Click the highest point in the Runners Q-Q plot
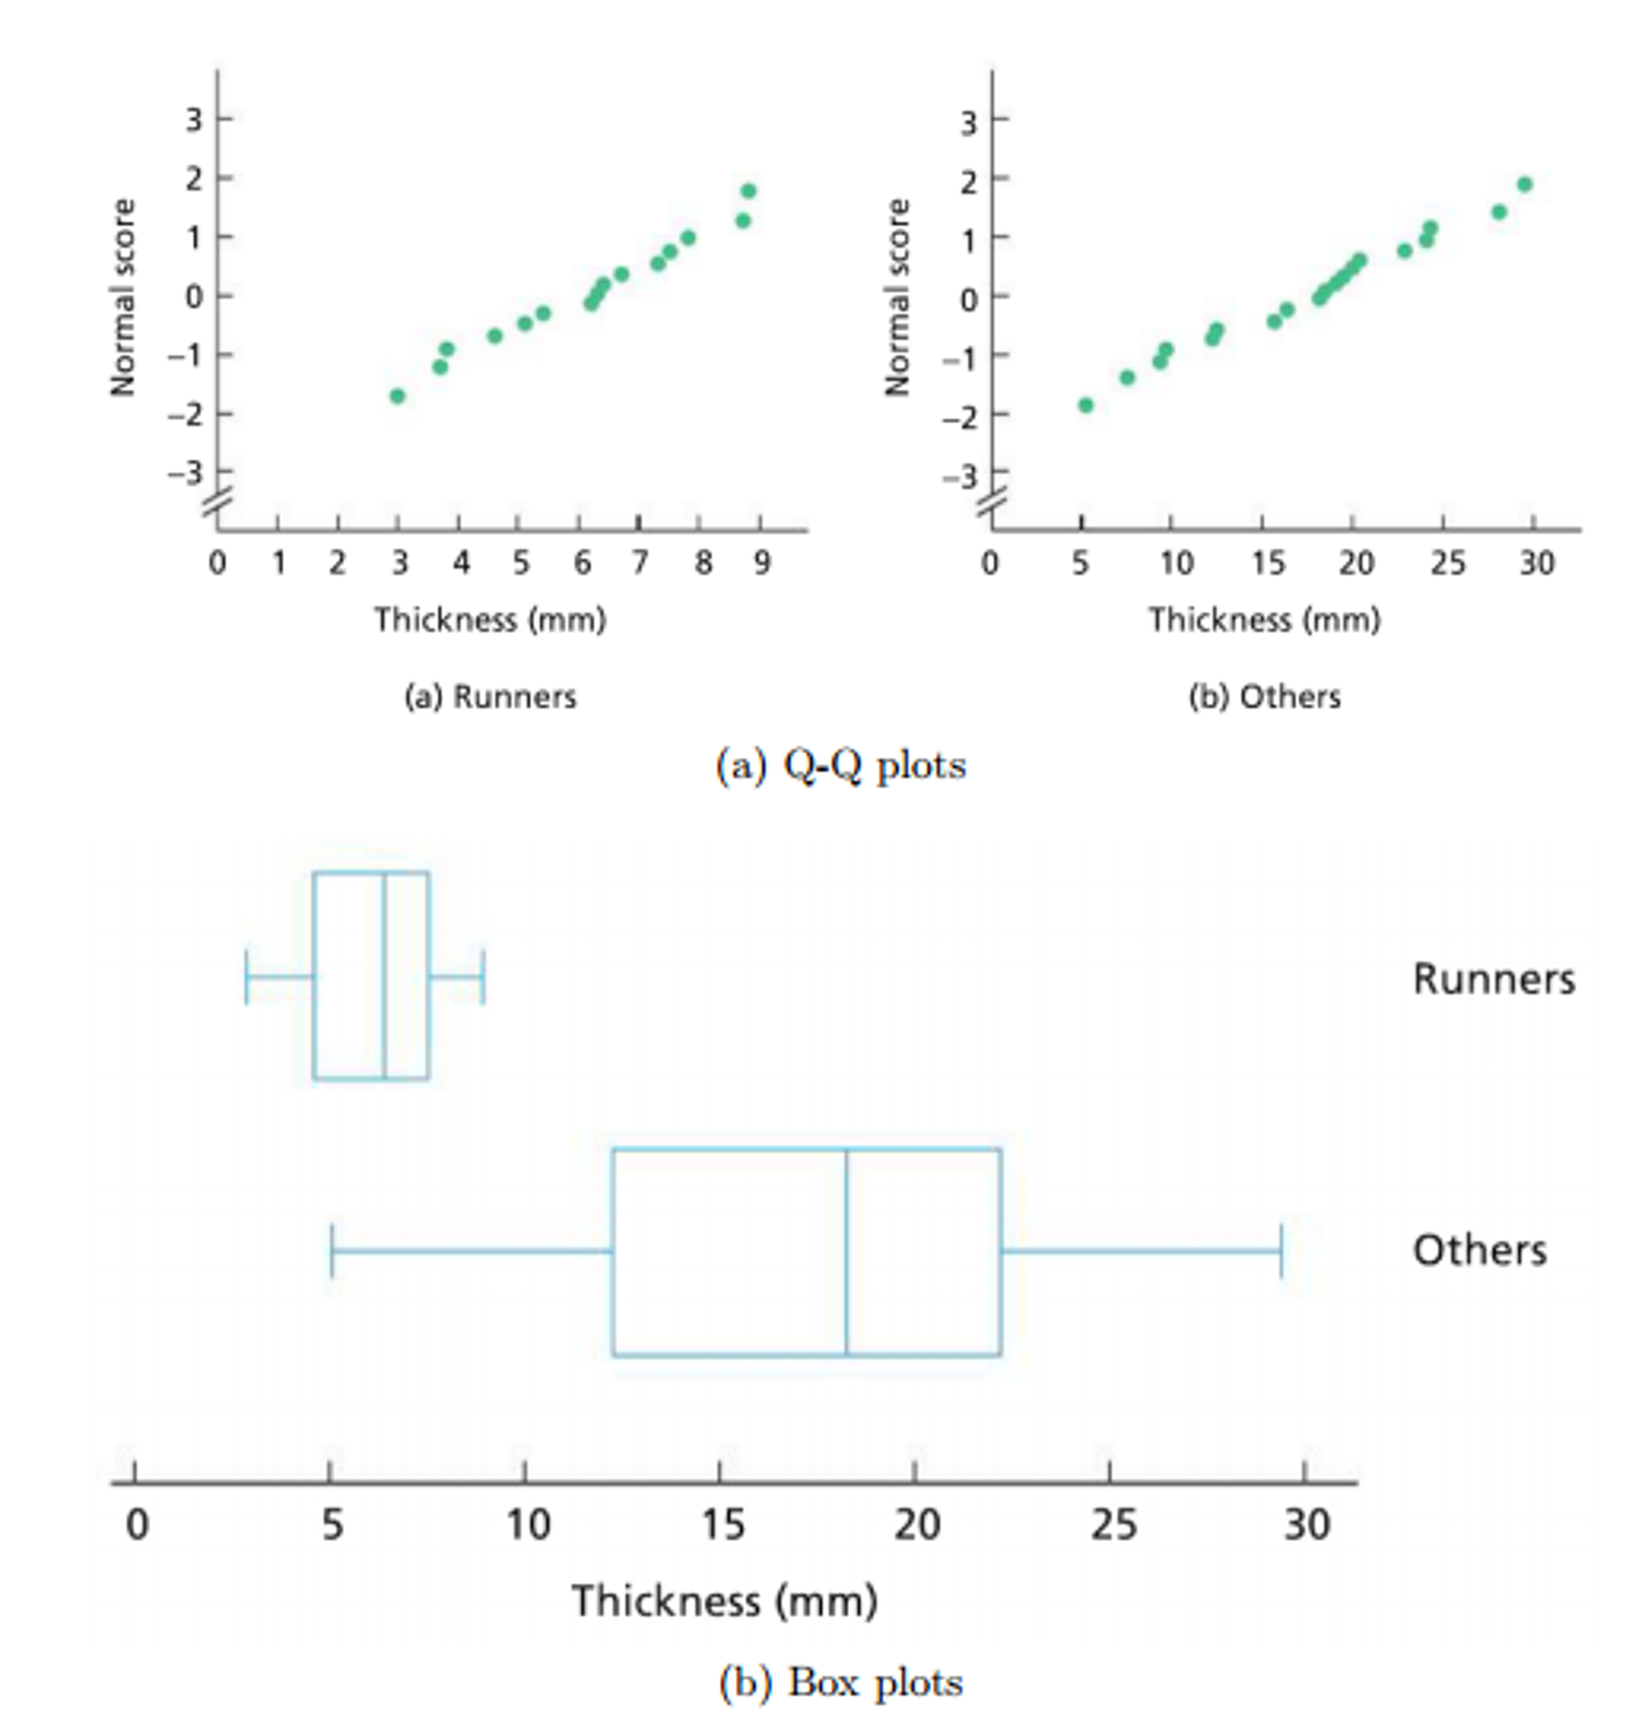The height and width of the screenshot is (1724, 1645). tap(748, 191)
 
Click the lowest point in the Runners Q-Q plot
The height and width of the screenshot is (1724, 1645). tap(397, 396)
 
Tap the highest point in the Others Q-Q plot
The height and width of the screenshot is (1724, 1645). tap(1524, 185)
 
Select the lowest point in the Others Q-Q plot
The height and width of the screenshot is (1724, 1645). tap(1085, 405)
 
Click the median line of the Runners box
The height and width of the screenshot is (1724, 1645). tap(384, 976)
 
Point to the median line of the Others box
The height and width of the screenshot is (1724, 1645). tap(847, 1252)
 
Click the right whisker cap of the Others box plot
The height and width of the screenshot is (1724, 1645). tap(1281, 1252)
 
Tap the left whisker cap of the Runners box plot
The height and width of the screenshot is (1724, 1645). tap(247, 976)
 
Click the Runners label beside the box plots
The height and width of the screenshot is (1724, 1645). tap(1493, 979)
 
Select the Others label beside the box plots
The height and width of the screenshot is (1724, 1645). tap(1479, 1251)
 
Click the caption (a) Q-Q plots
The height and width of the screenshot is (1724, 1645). tap(841, 767)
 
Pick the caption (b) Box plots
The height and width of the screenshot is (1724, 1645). tap(841, 1683)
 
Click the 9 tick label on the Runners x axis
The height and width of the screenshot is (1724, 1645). tap(762, 563)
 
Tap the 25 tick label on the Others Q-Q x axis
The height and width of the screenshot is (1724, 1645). tap(1447, 563)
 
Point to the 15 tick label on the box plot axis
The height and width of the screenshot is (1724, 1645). tap(722, 1527)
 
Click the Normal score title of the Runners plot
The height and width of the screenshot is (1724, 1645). tap(124, 298)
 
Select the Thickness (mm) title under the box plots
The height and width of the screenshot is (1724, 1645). tap(724, 1602)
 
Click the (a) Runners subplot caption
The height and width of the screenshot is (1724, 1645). tap(490, 697)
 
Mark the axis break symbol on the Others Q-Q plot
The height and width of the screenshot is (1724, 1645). tap(993, 503)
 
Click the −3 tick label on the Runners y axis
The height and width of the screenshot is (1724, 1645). tap(186, 474)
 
